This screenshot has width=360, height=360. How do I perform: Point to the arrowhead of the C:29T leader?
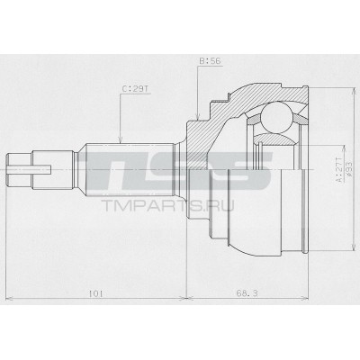coord(121,141)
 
